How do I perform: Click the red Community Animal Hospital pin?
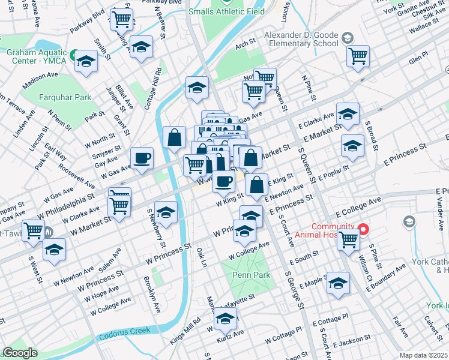coord(363,229)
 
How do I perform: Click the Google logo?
coord(20,353)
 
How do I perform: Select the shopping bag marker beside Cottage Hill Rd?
coord(173,137)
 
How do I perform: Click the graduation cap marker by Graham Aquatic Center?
coord(86,61)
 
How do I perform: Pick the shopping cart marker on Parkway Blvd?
coord(122,20)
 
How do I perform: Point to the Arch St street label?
coord(246,44)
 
